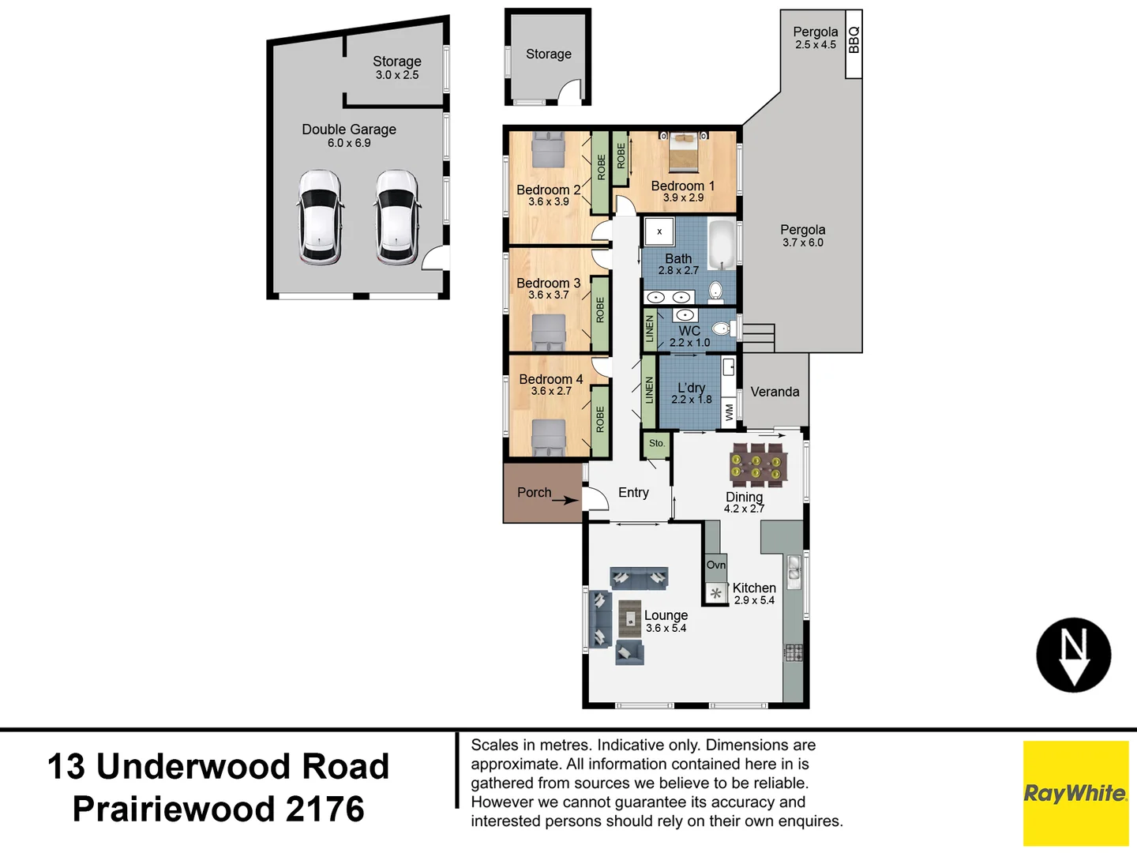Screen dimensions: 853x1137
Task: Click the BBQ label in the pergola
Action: pyautogui.click(x=854, y=40)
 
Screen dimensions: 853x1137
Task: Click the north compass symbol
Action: pyautogui.click(x=1073, y=655)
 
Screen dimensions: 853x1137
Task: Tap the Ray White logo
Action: pyautogui.click(x=1075, y=793)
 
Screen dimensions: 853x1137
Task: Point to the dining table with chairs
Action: pyautogui.click(x=757, y=464)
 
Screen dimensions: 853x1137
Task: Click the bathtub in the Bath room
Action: pyautogui.click(x=722, y=245)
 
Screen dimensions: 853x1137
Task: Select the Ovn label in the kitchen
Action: pyautogui.click(x=715, y=565)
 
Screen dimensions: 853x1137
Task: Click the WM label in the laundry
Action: pyautogui.click(x=729, y=411)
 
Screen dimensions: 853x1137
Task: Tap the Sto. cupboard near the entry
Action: pyautogui.click(x=657, y=444)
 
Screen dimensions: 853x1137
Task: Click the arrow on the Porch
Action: pyautogui.click(x=565, y=500)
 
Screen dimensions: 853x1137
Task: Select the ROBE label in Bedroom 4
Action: pyautogui.click(x=600, y=419)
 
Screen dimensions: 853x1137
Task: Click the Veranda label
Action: pyautogui.click(x=775, y=392)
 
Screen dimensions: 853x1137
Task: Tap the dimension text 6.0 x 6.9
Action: pyautogui.click(x=349, y=143)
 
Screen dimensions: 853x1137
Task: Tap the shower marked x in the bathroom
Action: pyautogui.click(x=659, y=232)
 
